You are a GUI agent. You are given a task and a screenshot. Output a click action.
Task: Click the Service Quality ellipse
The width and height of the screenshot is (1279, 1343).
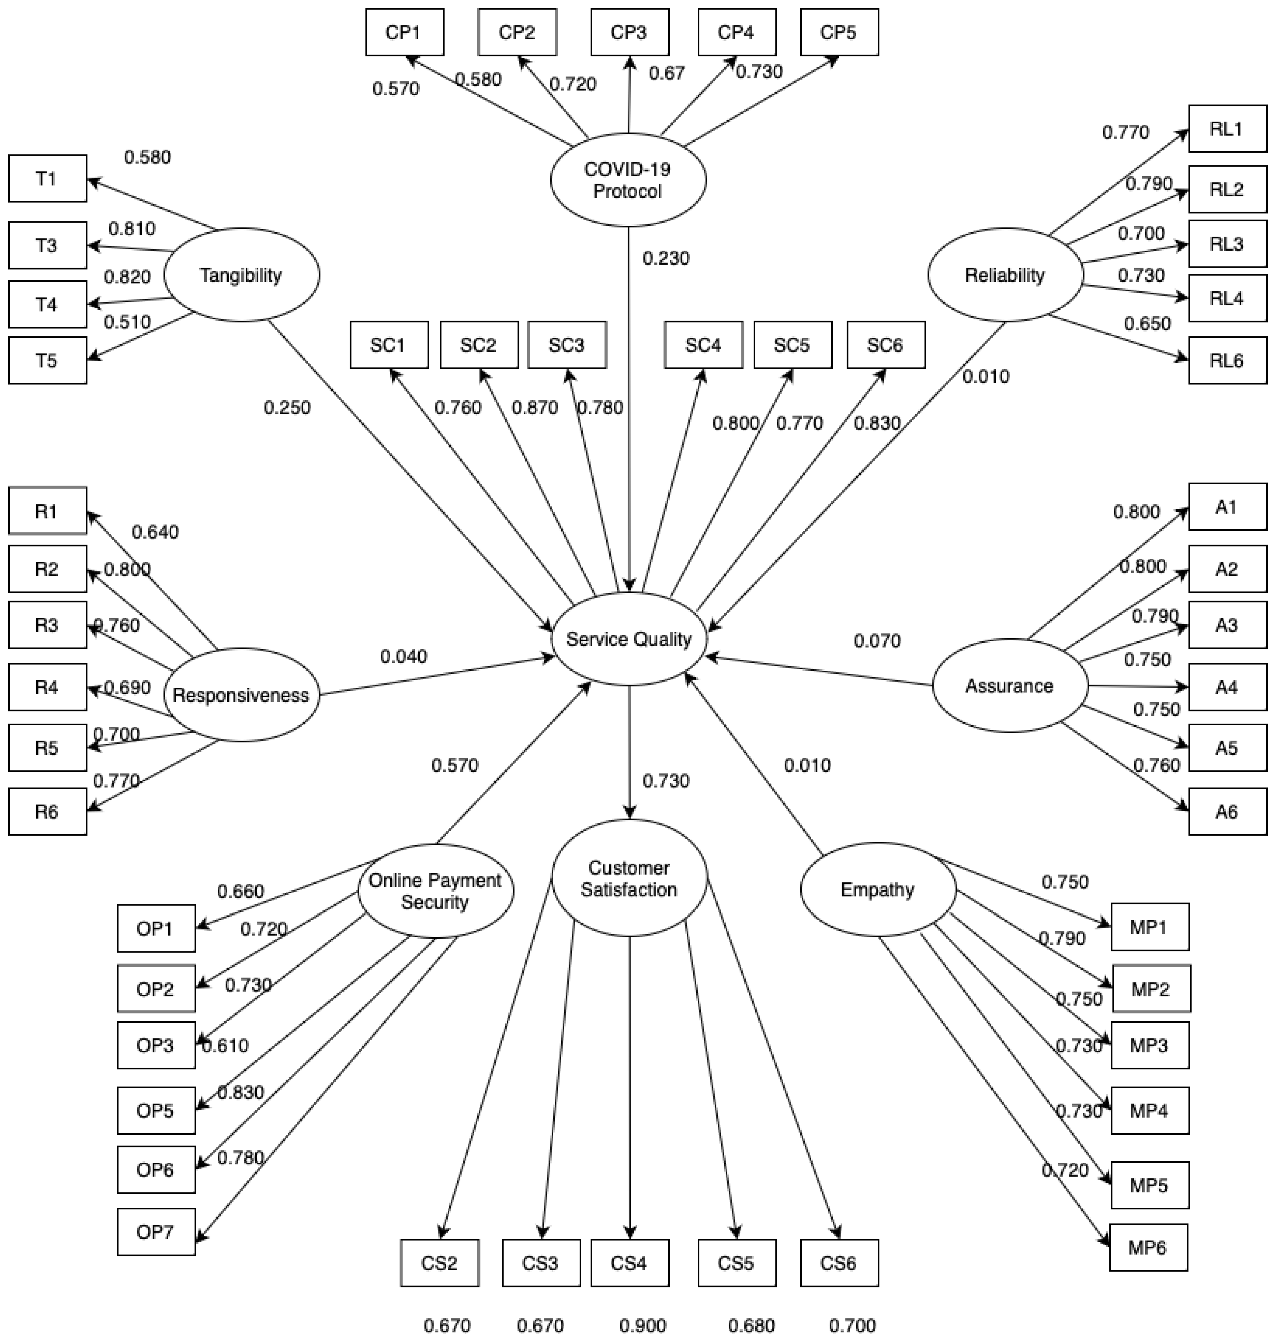pyautogui.click(x=629, y=639)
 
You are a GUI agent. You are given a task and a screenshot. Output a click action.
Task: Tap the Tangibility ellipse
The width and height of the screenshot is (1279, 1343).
pyautogui.click(x=241, y=275)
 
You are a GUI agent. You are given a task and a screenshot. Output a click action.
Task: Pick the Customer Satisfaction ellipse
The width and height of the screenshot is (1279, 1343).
pyautogui.click(x=629, y=879)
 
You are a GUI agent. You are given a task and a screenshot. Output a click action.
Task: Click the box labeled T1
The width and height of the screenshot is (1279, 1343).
pyautogui.click(x=47, y=179)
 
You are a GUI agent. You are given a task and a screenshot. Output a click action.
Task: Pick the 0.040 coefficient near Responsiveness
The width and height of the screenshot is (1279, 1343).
pyautogui.click(x=404, y=656)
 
